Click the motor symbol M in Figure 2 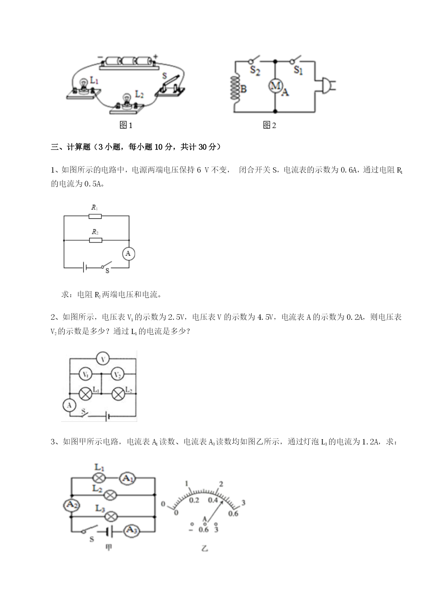click(275, 86)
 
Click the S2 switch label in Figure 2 click(255, 71)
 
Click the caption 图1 click(126, 125)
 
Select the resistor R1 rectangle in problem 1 click(95, 216)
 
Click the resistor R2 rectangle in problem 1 click(96, 240)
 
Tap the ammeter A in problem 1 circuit click(128, 254)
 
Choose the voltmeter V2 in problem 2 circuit click(118, 374)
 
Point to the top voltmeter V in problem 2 click(103, 359)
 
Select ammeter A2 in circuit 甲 click(71, 505)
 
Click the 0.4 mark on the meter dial click(213, 500)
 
